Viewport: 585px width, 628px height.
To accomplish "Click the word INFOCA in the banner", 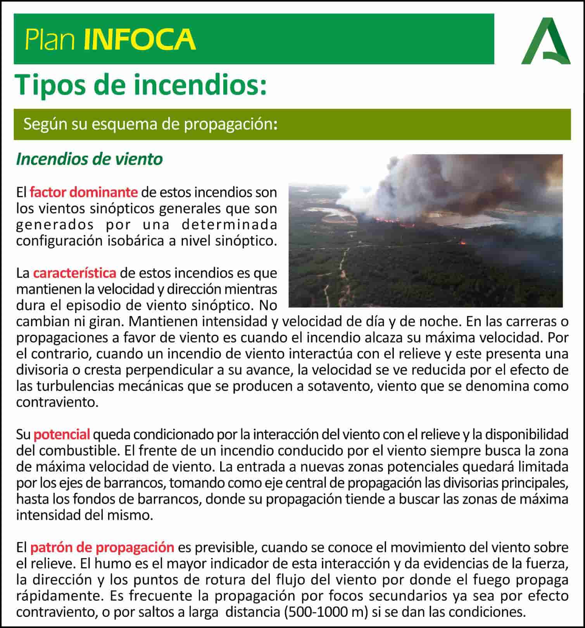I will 140,39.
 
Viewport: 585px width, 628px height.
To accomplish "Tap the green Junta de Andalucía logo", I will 545,42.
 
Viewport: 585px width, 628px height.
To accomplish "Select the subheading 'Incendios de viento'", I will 89,159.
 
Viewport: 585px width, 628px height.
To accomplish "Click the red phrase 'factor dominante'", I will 83,192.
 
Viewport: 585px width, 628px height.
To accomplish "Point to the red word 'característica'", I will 74,273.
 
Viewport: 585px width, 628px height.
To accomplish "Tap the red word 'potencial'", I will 62,434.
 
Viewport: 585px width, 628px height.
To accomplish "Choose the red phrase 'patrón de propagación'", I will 102,547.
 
